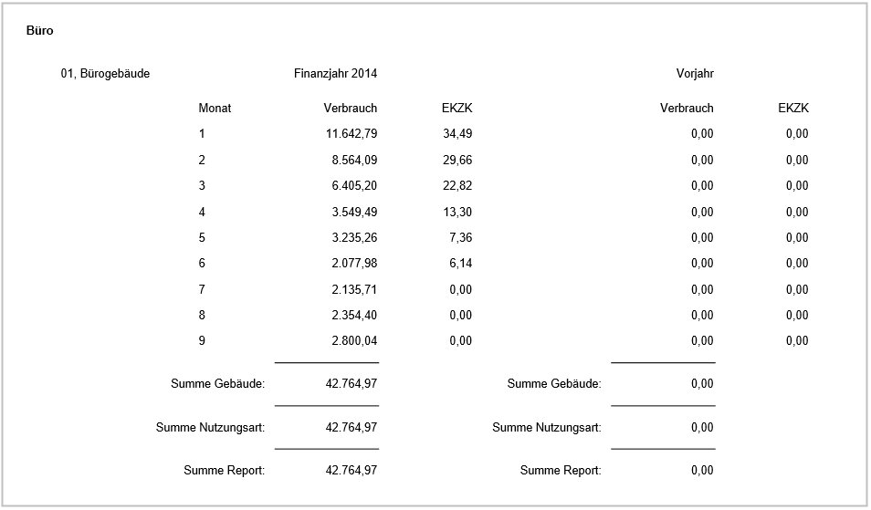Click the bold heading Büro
(40, 30)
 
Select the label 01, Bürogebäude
(105, 74)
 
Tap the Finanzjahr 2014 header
(335, 74)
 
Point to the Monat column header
(215, 108)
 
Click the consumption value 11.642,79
(352, 134)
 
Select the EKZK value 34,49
(456, 134)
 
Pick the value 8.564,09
(354, 160)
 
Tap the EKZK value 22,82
(456, 186)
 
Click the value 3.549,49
(354, 212)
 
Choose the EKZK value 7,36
(460, 237)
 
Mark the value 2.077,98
(354, 264)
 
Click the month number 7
(202, 289)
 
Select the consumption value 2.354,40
(354, 315)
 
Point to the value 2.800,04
(354, 341)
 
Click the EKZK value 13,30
(456, 212)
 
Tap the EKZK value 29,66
(456, 160)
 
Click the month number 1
(202, 134)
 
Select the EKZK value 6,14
(460, 264)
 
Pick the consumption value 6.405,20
(354, 186)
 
